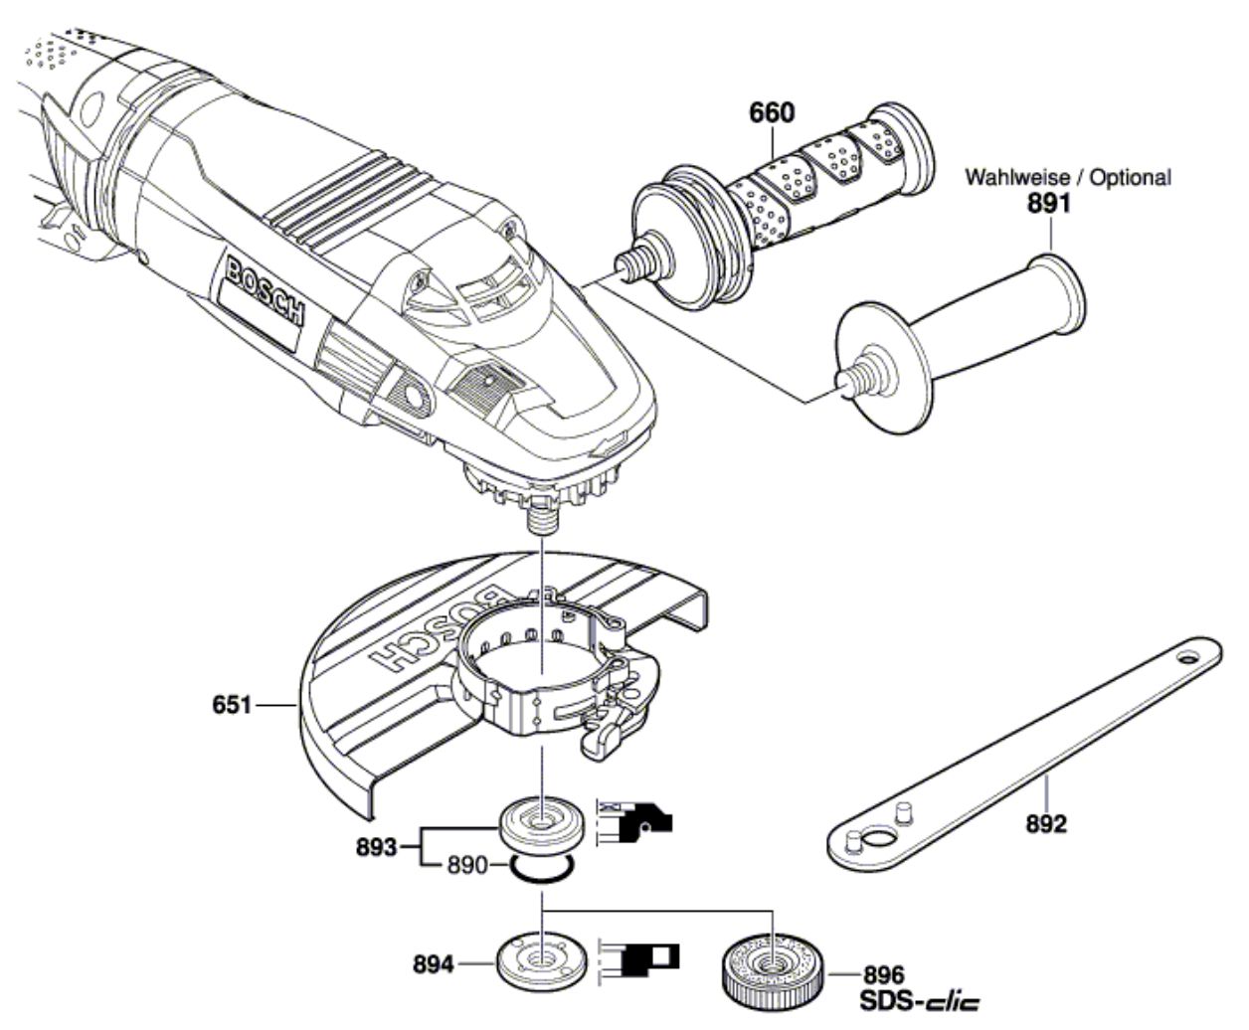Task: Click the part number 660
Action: [773, 113]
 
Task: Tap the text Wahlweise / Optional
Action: [1068, 177]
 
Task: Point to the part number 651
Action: [232, 705]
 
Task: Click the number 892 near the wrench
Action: [1047, 824]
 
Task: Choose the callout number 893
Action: [376, 848]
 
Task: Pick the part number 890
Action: [467, 865]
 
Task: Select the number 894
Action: [434, 964]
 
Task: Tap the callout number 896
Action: [884, 975]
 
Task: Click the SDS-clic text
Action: [920, 1002]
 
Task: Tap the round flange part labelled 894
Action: [542, 963]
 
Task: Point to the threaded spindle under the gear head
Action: [543, 518]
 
